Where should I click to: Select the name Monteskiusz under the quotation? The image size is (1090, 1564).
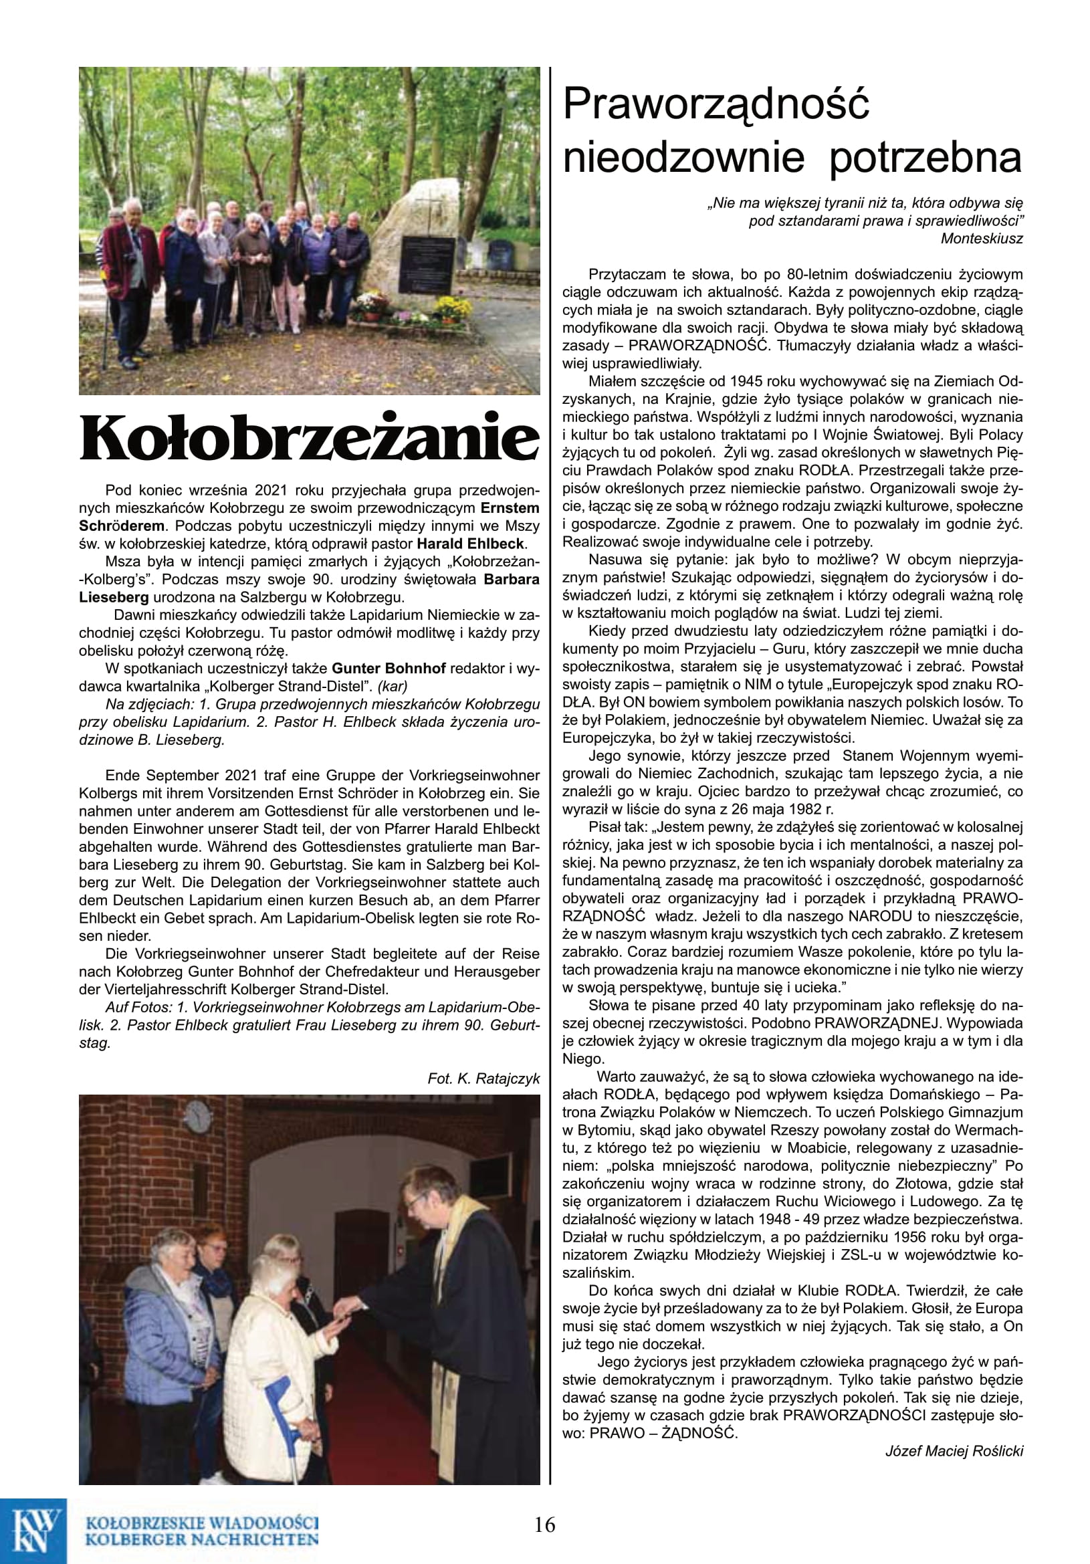click(981, 239)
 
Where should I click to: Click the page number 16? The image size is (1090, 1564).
click(544, 1525)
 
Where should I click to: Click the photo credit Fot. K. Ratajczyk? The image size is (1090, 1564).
click(483, 1079)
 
